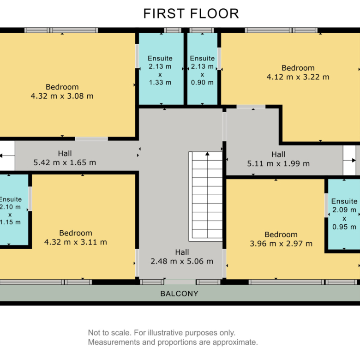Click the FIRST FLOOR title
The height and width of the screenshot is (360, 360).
pyautogui.click(x=191, y=13)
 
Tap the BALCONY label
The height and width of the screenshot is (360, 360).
pyautogui.click(x=180, y=294)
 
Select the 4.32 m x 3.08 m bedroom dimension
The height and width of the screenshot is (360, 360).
pyautogui.click(x=62, y=96)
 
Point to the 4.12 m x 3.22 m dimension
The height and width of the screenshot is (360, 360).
pyautogui.click(x=298, y=77)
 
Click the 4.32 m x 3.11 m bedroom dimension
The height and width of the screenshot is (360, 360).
pyautogui.click(x=76, y=242)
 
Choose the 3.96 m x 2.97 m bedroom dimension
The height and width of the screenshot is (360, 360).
pyautogui.click(x=281, y=244)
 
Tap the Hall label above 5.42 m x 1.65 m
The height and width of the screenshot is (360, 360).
pyautogui.click(x=65, y=153)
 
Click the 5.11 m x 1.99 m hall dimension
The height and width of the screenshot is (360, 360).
pyautogui.click(x=278, y=163)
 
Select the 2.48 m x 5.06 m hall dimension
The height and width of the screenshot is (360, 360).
pyautogui.click(x=182, y=261)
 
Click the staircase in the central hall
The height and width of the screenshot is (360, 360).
pyautogui.click(x=206, y=196)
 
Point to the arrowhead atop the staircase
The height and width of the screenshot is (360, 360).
pyautogui.click(x=207, y=154)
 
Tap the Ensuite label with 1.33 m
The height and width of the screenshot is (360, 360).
pyautogui.click(x=160, y=58)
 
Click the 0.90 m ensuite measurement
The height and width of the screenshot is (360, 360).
pyautogui.click(x=202, y=83)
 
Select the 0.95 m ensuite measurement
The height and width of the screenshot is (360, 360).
pyautogui.click(x=344, y=227)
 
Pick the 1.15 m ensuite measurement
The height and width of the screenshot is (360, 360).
pyautogui.click(x=10, y=222)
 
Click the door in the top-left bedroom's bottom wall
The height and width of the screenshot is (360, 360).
pyautogui.click(x=91, y=138)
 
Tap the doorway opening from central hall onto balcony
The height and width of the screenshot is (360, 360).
pyautogui.click(x=180, y=282)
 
